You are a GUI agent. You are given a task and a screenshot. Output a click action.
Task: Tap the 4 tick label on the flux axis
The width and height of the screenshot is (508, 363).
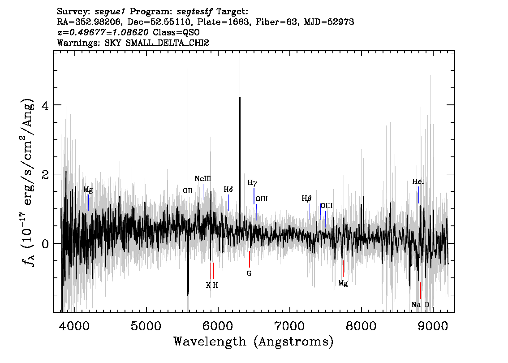pos(45,106)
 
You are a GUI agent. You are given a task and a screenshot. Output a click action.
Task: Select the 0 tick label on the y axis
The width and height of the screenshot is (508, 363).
pos(45,244)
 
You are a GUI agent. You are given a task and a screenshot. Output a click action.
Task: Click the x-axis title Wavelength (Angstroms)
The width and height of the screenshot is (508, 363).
pos(254,341)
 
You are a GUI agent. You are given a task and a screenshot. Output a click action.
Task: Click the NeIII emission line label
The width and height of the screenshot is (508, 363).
pos(203,178)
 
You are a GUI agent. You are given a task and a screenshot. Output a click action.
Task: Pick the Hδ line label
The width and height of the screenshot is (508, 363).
pos(228,189)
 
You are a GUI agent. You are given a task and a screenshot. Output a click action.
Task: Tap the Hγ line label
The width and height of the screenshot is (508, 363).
pos(252,183)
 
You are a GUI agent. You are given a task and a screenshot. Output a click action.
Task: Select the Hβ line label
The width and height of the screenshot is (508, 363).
pos(306,199)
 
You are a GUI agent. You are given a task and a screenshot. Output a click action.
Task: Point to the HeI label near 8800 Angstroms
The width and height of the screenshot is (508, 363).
pos(418,181)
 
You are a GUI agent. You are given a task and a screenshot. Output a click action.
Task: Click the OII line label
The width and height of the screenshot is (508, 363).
pos(188,190)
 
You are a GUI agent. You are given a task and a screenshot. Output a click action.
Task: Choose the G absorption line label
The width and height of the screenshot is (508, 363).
pos(249,273)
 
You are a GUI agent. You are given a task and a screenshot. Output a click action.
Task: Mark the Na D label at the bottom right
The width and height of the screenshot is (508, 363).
pos(420,305)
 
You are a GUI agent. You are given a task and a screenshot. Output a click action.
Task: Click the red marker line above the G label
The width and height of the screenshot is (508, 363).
pos(250,259)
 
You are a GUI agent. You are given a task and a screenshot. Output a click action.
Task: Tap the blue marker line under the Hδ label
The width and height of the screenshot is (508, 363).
pos(229,203)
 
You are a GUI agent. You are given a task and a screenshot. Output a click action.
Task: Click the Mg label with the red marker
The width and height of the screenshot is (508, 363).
pos(343,283)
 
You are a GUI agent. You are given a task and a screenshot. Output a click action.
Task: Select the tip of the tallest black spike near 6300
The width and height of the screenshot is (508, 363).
pos(240,97)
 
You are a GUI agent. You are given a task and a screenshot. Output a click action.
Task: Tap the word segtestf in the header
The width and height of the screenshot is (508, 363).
pos(194,12)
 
